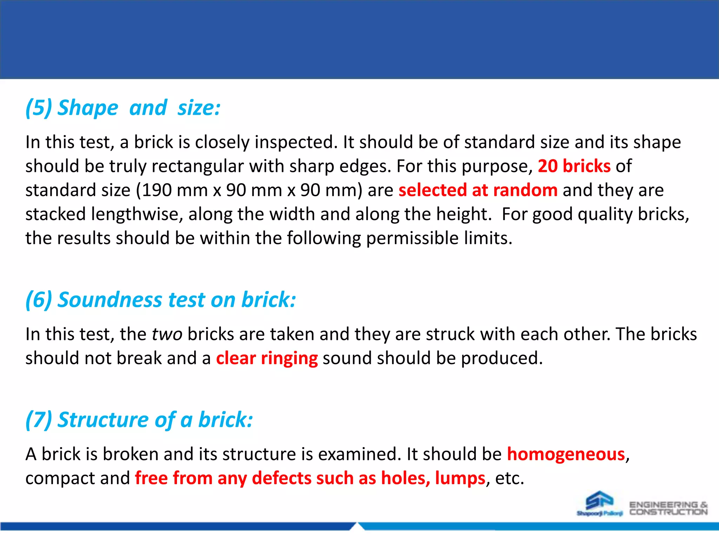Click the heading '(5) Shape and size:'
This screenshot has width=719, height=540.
coord(123,108)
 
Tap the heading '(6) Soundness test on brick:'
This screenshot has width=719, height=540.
coord(160,300)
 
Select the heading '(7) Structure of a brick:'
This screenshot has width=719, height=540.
coord(139,420)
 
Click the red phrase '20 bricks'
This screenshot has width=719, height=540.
coord(574,166)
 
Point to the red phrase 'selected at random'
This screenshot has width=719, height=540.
coord(478,190)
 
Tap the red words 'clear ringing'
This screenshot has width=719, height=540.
coord(267,358)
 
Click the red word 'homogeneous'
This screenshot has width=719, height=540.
coord(566,454)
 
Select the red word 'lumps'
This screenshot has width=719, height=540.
coord(460,478)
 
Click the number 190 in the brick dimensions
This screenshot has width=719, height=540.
coord(157,190)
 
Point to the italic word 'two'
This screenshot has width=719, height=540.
coord(167,334)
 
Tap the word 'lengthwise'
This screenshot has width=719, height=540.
coord(137,214)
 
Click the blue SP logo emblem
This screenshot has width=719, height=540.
coord(599,501)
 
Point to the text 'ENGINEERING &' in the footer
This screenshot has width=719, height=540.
coord(668,505)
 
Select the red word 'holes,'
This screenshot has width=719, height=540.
coord(405,478)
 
